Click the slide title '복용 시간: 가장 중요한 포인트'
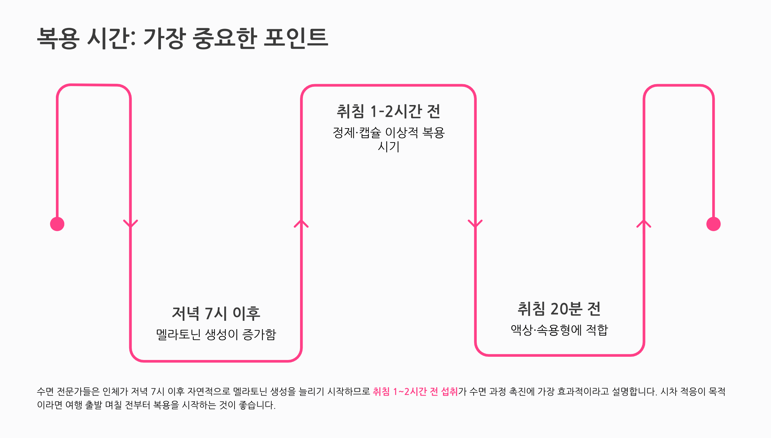pos(182,38)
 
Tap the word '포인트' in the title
pos(296,38)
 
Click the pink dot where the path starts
pos(57,224)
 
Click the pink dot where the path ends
pos(713,224)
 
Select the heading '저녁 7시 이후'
pos(216,313)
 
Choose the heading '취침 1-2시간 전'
pos(388,111)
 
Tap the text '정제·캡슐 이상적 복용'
pos(388,132)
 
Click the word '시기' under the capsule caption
pos(388,147)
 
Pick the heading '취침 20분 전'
pos(559,309)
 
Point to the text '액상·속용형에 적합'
pos(559,330)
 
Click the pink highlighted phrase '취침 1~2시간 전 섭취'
pos(415,391)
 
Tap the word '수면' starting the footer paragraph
pos(45,391)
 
